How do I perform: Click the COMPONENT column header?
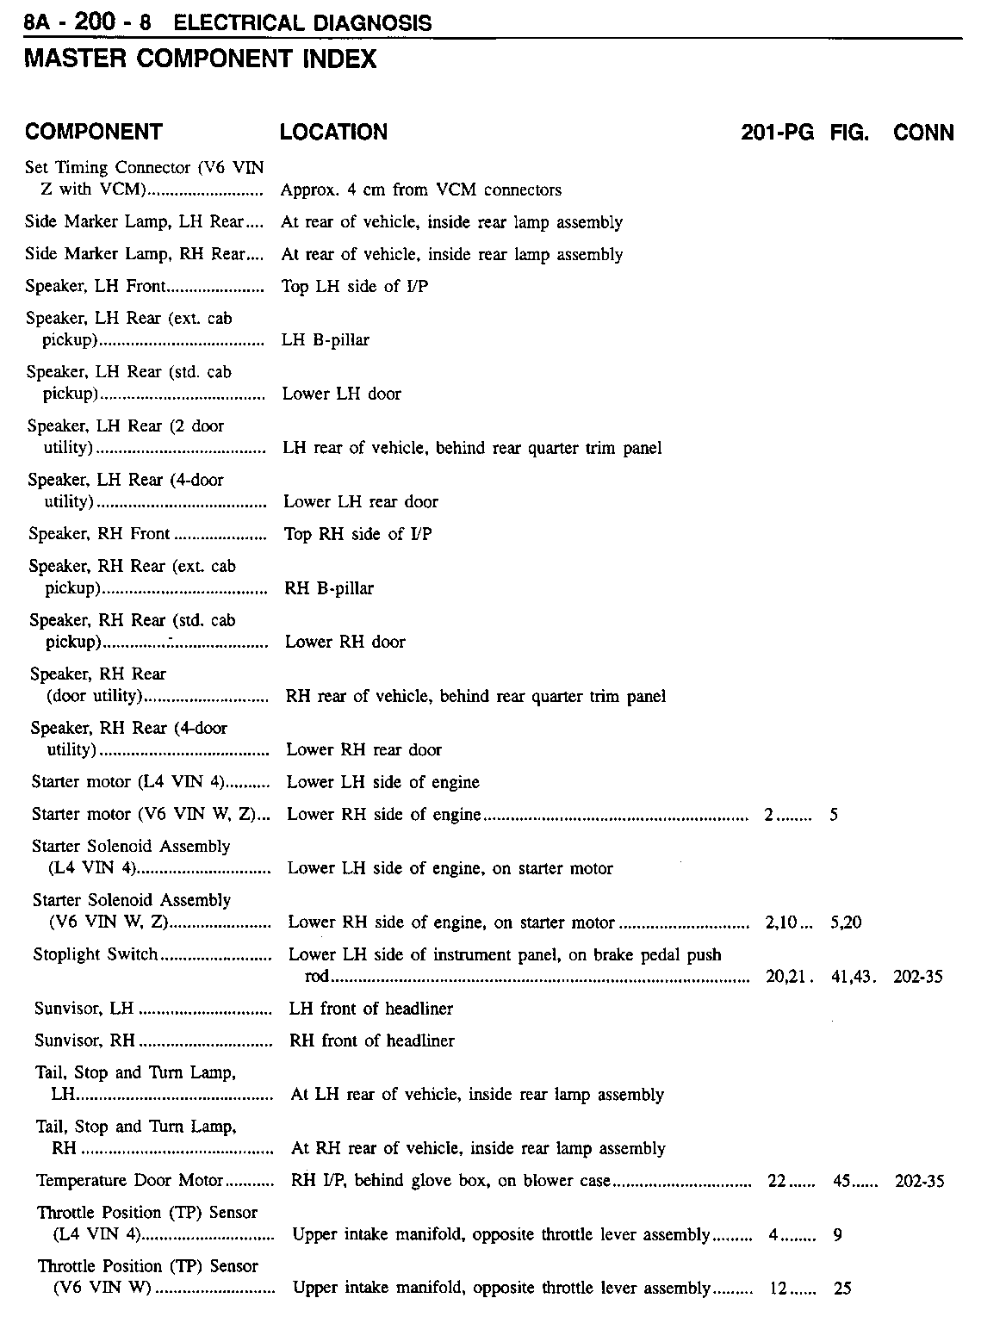[x=93, y=132]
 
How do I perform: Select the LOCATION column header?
[x=333, y=132]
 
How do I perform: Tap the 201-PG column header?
[x=777, y=133]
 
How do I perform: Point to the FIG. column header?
[x=849, y=133]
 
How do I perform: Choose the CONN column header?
[x=923, y=133]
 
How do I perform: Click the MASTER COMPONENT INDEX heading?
[x=200, y=59]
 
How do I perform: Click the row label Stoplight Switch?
[x=96, y=954]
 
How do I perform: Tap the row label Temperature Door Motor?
[x=130, y=1180]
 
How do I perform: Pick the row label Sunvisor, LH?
[x=84, y=1009]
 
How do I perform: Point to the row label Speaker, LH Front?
[x=96, y=286]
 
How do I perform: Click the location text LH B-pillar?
[x=326, y=340]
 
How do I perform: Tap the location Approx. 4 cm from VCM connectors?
[x=421, y=190]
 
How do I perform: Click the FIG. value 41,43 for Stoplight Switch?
[x=850, y=977]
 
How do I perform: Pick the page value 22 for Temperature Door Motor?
[x=776, y=1181]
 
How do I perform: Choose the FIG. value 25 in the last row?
[x=842, y=1289]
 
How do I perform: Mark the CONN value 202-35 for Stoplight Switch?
[x=919, y=977]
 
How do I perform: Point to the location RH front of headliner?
[x=372, y=1040]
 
